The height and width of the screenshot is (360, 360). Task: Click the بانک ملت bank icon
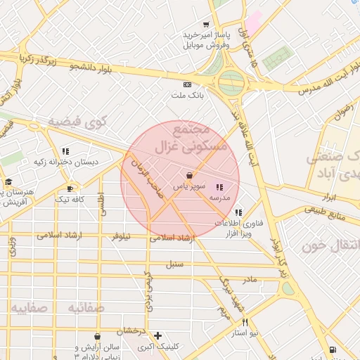pos(187,84)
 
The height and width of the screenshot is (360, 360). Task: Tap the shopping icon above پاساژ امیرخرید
pos(205,24)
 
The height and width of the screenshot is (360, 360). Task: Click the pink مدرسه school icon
pos(219,187)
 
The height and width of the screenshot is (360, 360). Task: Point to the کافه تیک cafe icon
pos(70,188)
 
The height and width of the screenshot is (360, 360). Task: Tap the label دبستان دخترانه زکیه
pos(67,162)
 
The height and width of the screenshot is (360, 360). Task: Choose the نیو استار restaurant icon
pos(245,322)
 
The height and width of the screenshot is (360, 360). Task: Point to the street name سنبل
pos(174,265)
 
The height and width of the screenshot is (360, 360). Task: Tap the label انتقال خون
pos(331,245)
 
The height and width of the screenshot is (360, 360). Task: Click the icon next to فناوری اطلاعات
pos(239,212)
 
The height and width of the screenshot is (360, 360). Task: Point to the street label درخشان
pos(130,330)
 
